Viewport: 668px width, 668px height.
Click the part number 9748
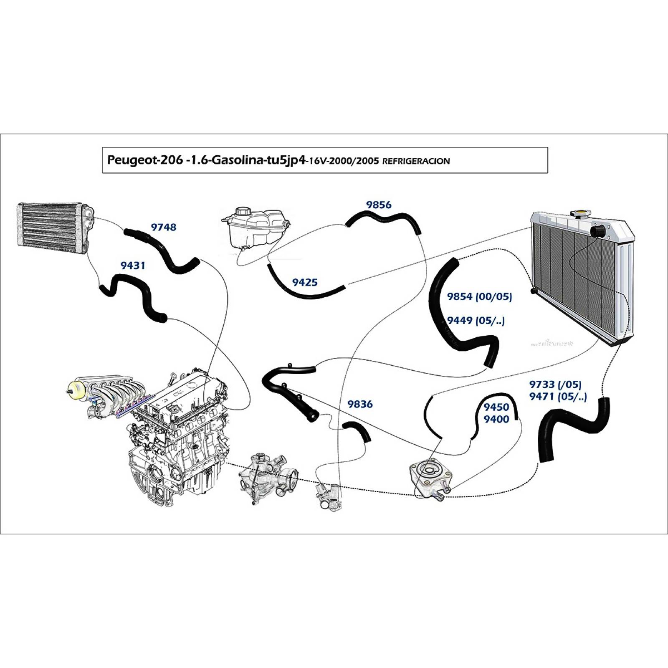(163, 227)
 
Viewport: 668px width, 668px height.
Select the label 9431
(133, 265)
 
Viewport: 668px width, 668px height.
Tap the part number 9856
(379, 205)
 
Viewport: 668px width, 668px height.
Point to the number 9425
(305, 283)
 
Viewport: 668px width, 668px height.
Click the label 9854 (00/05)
(479, 297)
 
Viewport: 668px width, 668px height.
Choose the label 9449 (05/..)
(476, 321)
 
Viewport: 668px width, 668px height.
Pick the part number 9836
(360, 404)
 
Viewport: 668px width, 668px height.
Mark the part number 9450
(496, 407)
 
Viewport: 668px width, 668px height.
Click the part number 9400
(496, 419)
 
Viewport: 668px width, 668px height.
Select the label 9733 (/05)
(555, 385)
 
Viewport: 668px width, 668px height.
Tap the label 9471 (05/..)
(558, 397)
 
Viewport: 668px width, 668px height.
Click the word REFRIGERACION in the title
(416, 161)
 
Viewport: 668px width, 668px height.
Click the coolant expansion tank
(255, 228)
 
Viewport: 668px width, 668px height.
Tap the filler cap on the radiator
(580, 214)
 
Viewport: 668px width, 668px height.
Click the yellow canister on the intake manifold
(76, 390)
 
